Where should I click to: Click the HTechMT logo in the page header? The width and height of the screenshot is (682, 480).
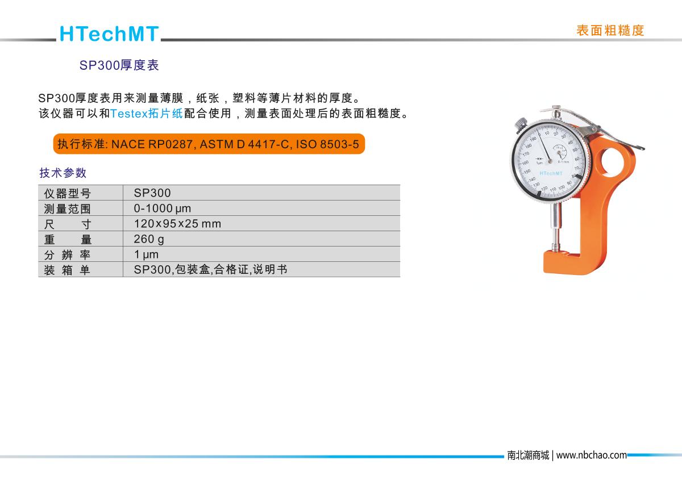109,34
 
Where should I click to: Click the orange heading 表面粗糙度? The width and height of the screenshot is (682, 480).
610,31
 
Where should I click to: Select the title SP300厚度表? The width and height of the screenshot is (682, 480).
119,65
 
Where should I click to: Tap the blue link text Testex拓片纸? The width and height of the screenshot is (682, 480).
147,114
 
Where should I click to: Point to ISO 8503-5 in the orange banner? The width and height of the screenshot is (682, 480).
327,144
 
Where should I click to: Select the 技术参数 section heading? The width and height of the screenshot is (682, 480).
63,173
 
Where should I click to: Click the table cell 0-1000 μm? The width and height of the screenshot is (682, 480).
163,208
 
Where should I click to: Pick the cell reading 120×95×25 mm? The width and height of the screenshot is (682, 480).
177,224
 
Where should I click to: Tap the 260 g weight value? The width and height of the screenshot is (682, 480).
149,239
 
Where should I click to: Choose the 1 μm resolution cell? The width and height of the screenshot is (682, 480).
146,254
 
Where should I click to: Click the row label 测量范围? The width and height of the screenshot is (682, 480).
67,209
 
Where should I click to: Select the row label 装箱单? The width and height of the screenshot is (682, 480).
67,270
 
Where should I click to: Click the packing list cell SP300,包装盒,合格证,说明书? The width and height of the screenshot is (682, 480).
210,270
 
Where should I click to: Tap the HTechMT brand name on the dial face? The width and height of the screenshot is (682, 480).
551,173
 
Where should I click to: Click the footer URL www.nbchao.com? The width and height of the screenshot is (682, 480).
591,456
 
